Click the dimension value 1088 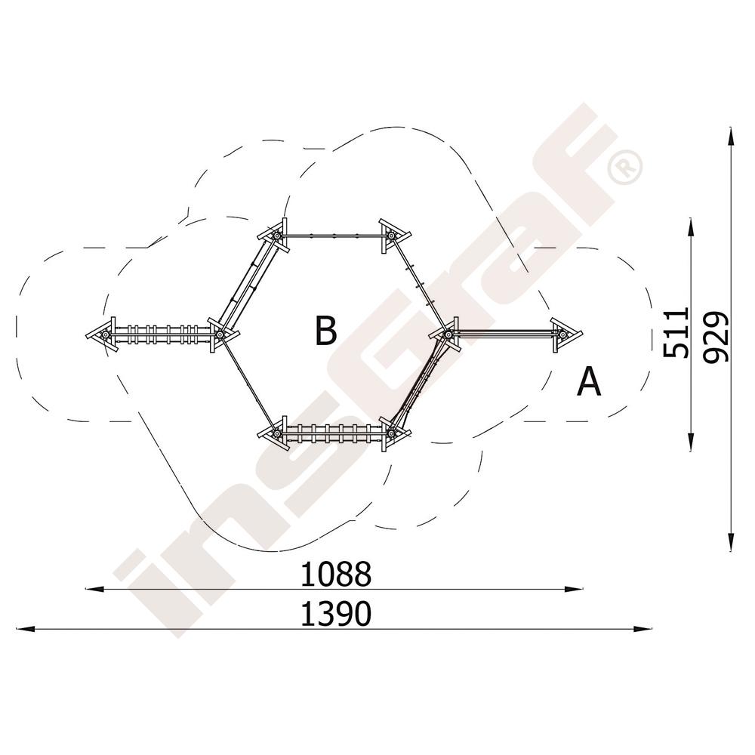tap(336, 574)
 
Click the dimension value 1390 tap(336, 613)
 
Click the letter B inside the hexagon tap(326, 331)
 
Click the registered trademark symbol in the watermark tap(625, 167)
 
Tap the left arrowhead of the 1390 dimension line tap(25, 628)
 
